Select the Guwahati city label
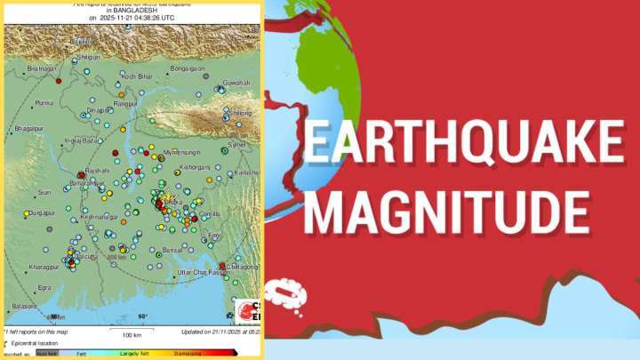tap(236, 83)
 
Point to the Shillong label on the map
tap(240, 114)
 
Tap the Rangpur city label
tap(124, 104)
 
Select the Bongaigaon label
tap(188, 68)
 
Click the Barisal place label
tap(172, 252)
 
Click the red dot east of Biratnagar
tap(58, 81)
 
